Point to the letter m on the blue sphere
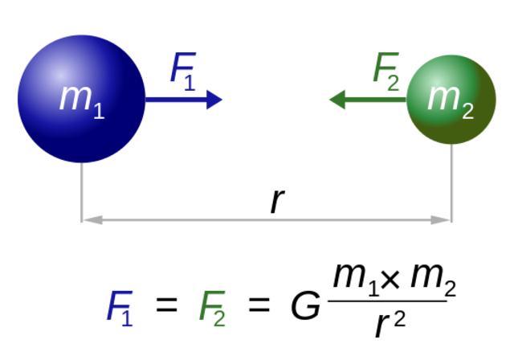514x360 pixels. pyautogui.click(x=75, y=97)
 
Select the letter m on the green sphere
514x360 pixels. pyautogui.click(x=443, y=97)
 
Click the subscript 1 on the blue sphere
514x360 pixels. pyautogui.click(x=99, y=111)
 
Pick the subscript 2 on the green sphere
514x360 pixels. pyautogui.click(x=467, y=111)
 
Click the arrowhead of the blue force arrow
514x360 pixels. pyautogui.click(x=214, y=100)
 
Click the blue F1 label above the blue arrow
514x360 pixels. pyautogui.click(x=182, y=70)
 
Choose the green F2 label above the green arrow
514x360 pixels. pyautogui.click(x=385, y=70)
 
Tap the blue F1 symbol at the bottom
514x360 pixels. pyautogui.click(x=119, y=308)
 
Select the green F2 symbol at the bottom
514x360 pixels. pyautogui.click(x=212, y=308)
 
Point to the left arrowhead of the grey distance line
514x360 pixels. pyautogui.click(x=92, y=219)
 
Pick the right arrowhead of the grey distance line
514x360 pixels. pyautogui.click(x=441, y=219)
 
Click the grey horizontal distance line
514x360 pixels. pyautogui.click(x=265, y=219)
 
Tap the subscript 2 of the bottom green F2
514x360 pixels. pyautogui.click(x=219, y=319)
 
